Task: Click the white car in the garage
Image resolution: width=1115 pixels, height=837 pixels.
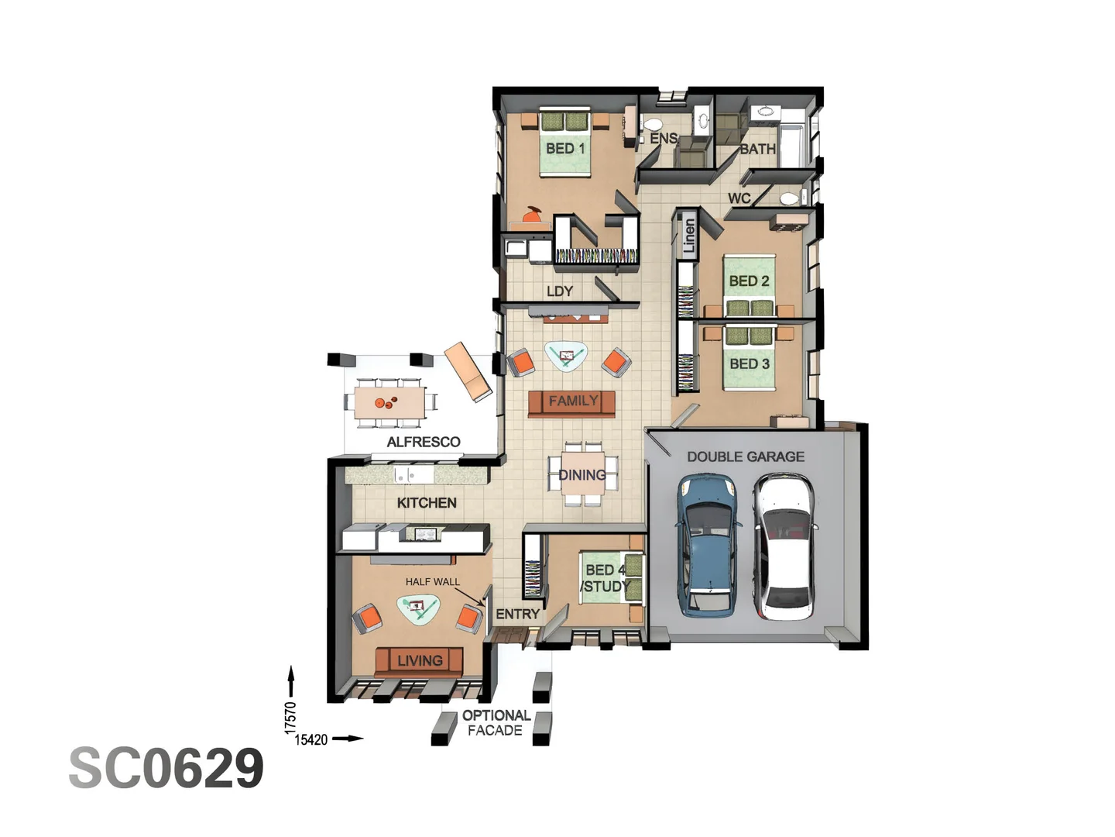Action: [x=784, y=546]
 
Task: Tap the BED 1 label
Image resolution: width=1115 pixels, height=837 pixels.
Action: [x=565, y=148]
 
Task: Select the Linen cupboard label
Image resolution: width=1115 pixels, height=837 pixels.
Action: [x=688, y=236]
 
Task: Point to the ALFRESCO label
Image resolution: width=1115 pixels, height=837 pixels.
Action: [x=424, y=442]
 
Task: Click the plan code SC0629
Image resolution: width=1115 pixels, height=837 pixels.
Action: [x=166, y=768]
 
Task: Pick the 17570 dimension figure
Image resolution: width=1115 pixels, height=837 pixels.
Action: [x=290, y=717]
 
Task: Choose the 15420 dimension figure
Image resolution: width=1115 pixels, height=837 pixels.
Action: [x=311, y=739]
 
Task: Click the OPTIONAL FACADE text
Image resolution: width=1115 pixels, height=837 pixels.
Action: [x=496, y=722]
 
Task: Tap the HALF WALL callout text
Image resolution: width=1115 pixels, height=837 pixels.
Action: [x=432, y=581]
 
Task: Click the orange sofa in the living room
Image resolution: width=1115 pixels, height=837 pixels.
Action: [x=420, y=661]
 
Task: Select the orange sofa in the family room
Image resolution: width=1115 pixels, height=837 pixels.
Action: [x=572, y=401]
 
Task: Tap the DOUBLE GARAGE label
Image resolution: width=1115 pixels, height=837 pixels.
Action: [x=745, y=456]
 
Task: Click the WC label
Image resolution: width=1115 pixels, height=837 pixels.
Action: [x=739, y=198]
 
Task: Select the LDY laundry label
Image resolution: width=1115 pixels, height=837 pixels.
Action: [x=559, y=291]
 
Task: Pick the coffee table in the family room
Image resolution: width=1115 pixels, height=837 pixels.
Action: [x=566, y=356]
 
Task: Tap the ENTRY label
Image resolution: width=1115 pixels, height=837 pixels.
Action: [x=517, y=614]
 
